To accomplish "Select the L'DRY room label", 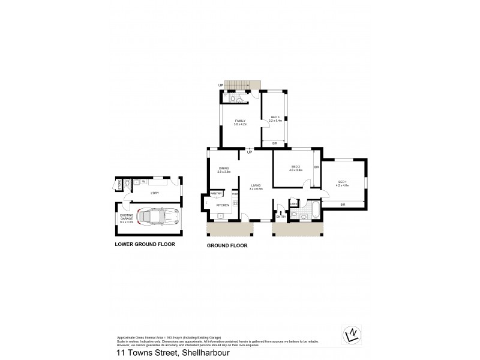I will [154, 193].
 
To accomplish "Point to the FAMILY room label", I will [239, 121].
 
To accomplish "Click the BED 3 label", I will [275, 118].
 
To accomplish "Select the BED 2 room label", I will [296, 167].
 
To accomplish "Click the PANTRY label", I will [217, 194].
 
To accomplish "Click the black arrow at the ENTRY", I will [281, 212].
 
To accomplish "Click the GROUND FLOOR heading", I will [227, 245].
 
